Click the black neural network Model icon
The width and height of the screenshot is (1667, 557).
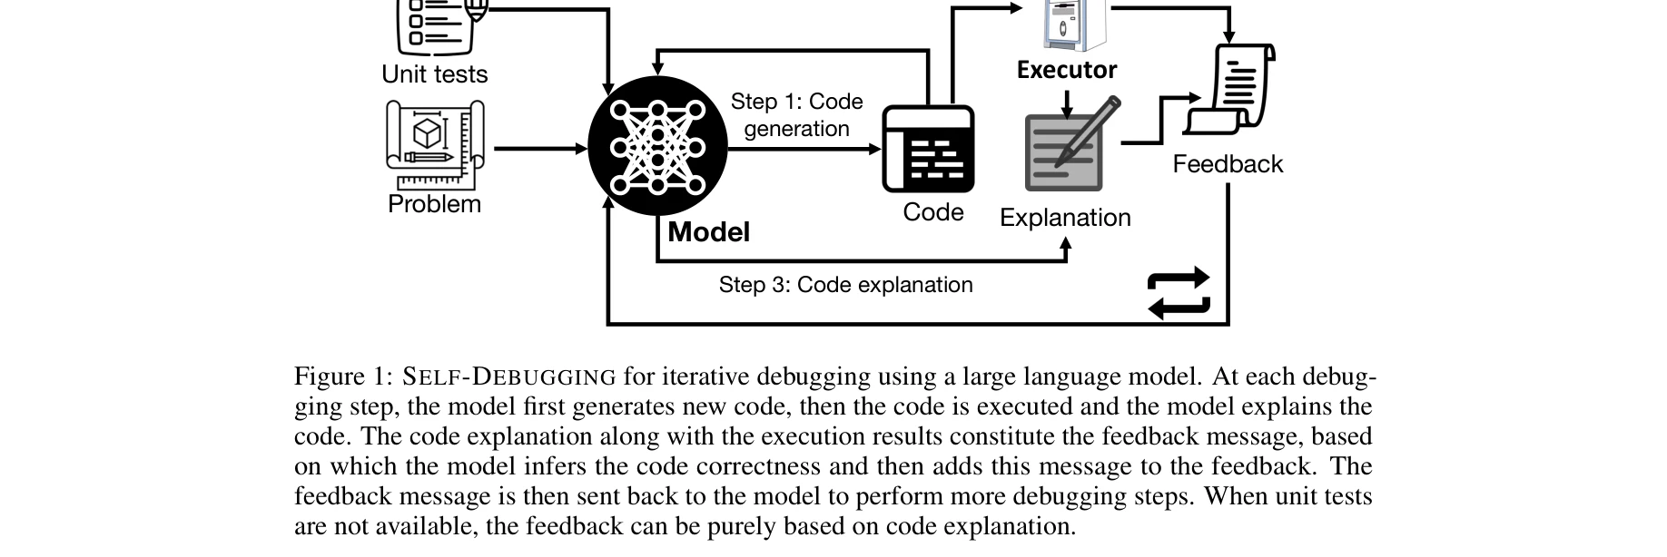(x=657, y=147)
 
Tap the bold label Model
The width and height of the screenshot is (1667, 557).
(x=708, y=232)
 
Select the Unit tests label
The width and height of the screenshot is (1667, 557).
(x=434, y=74)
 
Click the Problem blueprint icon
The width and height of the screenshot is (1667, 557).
(x=435, y=143)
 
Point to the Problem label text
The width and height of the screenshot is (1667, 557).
(x=434, y=204)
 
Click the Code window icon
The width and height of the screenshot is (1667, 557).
(x=928, y=149)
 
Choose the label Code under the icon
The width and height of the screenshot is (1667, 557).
(x=932, y=212)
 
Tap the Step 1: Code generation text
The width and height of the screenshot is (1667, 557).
(x=796, y=115)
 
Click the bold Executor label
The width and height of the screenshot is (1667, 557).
(x=1066, y=70)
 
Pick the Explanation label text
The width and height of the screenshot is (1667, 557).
(x=1065, y=218)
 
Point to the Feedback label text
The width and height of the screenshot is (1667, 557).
(x=1228, y=164)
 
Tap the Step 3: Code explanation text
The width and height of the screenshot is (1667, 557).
(x=845, y=285)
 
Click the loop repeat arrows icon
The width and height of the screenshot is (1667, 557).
(x=1179, y=292)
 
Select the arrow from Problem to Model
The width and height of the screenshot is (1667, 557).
(x=539, y=148)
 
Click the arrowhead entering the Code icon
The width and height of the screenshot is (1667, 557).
(x=875, y=149)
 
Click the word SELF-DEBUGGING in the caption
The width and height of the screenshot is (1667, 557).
(x=509, y=376)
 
